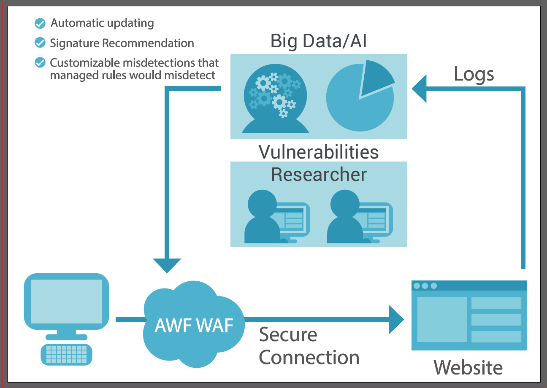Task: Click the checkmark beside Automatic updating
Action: [40, 23]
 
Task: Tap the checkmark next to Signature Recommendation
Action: [40, 43]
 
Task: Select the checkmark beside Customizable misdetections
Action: [40, 63]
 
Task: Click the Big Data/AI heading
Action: [318, 41]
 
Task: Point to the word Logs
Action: [474, 75]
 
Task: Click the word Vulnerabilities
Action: [318, 152]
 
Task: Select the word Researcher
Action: [318, 175]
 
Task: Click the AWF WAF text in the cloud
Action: [194, 325]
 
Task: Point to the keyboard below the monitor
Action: [67, 354]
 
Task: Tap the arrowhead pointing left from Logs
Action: [419, 89]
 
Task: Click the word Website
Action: [468, 368]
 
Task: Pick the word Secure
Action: [288, 334]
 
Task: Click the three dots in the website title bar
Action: [425, 286]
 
